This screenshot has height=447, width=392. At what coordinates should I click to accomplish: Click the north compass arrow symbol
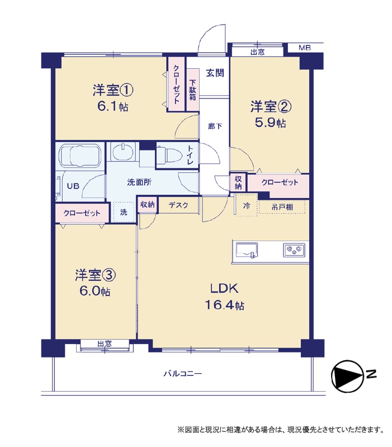click(347, 376)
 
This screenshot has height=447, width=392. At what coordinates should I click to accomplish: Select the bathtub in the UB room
click(81, 155)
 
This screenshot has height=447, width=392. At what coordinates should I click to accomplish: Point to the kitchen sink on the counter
click(247, 251)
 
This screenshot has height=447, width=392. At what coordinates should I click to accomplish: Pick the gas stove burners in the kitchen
click(294, 250)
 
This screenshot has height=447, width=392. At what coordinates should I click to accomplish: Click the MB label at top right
click(305, 48)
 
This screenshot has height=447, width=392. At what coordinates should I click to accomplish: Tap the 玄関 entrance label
click(215, 73)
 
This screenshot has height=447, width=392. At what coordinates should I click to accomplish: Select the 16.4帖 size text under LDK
click(224, 305)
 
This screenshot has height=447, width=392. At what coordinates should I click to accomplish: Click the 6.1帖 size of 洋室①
click(113, 107)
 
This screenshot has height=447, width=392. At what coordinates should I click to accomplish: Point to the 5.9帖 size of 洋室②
click(270, 123)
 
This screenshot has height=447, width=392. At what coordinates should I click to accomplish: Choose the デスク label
click(178, 205)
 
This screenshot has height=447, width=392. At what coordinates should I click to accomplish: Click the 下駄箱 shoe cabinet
click(193, 90)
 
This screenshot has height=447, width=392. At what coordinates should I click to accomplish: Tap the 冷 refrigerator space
click(246, 205)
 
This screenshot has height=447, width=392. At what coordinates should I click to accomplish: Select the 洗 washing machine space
click(124, 212)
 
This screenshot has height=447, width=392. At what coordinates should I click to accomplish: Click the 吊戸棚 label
click(282, 207)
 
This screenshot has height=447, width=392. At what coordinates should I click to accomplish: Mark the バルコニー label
click(183, 374)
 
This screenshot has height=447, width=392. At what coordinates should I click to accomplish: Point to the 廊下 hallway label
click(215, 126)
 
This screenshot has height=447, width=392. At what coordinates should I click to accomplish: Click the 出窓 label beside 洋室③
click(105, 344)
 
